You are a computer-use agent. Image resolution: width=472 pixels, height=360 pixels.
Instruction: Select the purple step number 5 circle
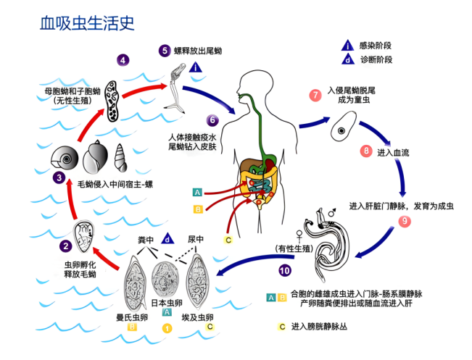pyautogui.click(x=166, y=50)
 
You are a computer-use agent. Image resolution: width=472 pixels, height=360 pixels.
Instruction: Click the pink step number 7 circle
pyautogui.click(x=314, y=96)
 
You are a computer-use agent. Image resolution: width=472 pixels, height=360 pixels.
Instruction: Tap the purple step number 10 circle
pyautogui.click(x=284, y=271)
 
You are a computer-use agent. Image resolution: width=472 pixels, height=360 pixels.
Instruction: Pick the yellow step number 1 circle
pyautogui.click(x=167, y=327)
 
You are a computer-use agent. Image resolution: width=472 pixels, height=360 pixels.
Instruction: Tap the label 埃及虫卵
pyautogui.click(x=196, y=317)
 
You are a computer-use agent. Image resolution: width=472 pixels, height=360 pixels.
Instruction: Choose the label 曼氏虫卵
pyautogui.click(x=133, y=317)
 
